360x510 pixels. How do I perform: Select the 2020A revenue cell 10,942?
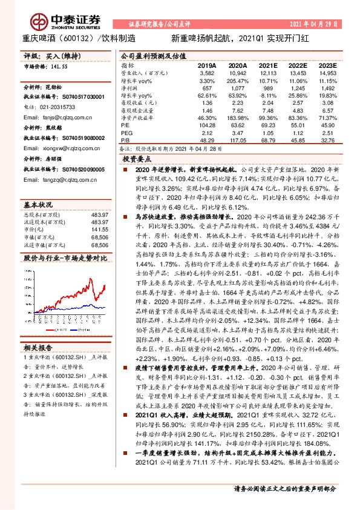pos(238,72)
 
